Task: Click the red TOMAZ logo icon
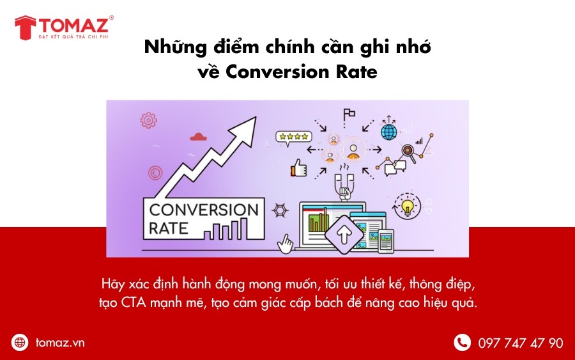click(26, 27)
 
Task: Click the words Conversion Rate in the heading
click(301, 72)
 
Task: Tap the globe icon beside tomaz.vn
click(19, 342)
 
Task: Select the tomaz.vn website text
click(60, 343)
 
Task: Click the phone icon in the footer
click(462, 343)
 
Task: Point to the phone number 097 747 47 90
click(520, 343)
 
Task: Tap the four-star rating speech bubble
click(294, 137)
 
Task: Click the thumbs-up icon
click(298, 168)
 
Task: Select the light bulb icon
click(407, 206)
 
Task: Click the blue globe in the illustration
click(388, 132)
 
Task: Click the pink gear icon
click(148, 120)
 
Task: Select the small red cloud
click(199, 137)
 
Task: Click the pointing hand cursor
click(286, 243)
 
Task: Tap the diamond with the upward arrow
click(344, 235)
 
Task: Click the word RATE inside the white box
click(168, 228)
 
